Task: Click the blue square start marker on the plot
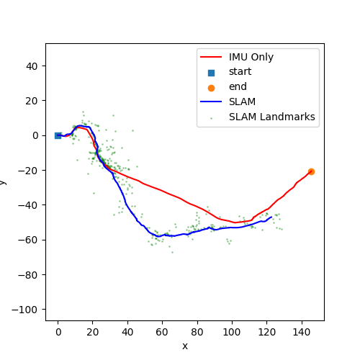[58, 135]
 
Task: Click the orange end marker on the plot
[311, 171]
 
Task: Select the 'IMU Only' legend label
[251, 57]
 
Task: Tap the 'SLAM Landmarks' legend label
[271, 117]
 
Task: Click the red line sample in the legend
[211, 57]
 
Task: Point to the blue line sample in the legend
[211, 102]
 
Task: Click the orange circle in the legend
[211, 87]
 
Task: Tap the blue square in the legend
[211, 72]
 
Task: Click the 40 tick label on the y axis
[32, 66]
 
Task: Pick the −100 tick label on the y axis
[27, 310]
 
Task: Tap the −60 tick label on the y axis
[30, 240]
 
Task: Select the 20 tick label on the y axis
[32, 101]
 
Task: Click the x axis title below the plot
[185, 346]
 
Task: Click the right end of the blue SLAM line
[271, 217]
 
